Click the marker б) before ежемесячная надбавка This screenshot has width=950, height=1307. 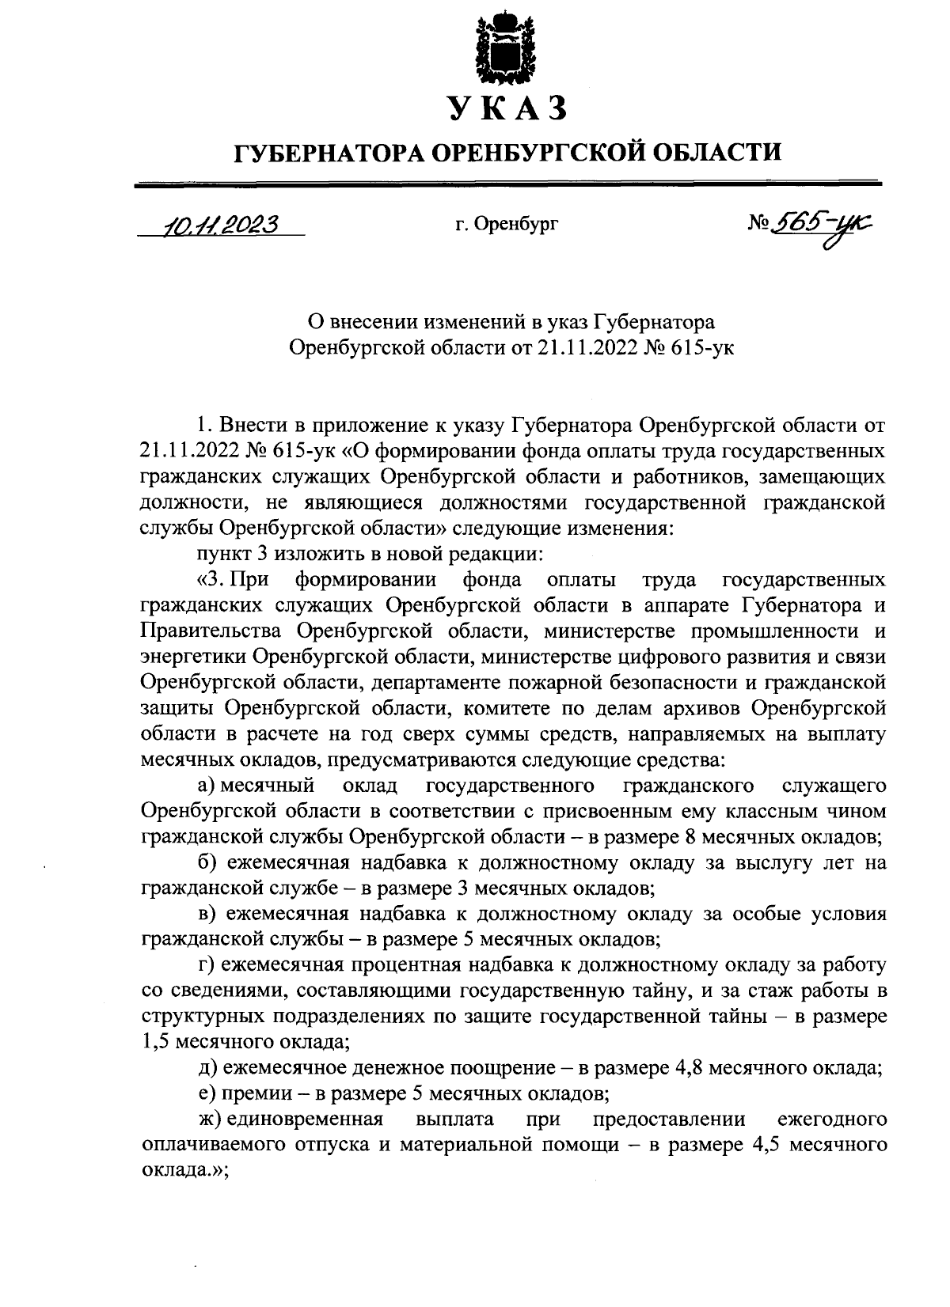coord(208,862)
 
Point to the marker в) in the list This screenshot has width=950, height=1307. coord(208,914)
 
